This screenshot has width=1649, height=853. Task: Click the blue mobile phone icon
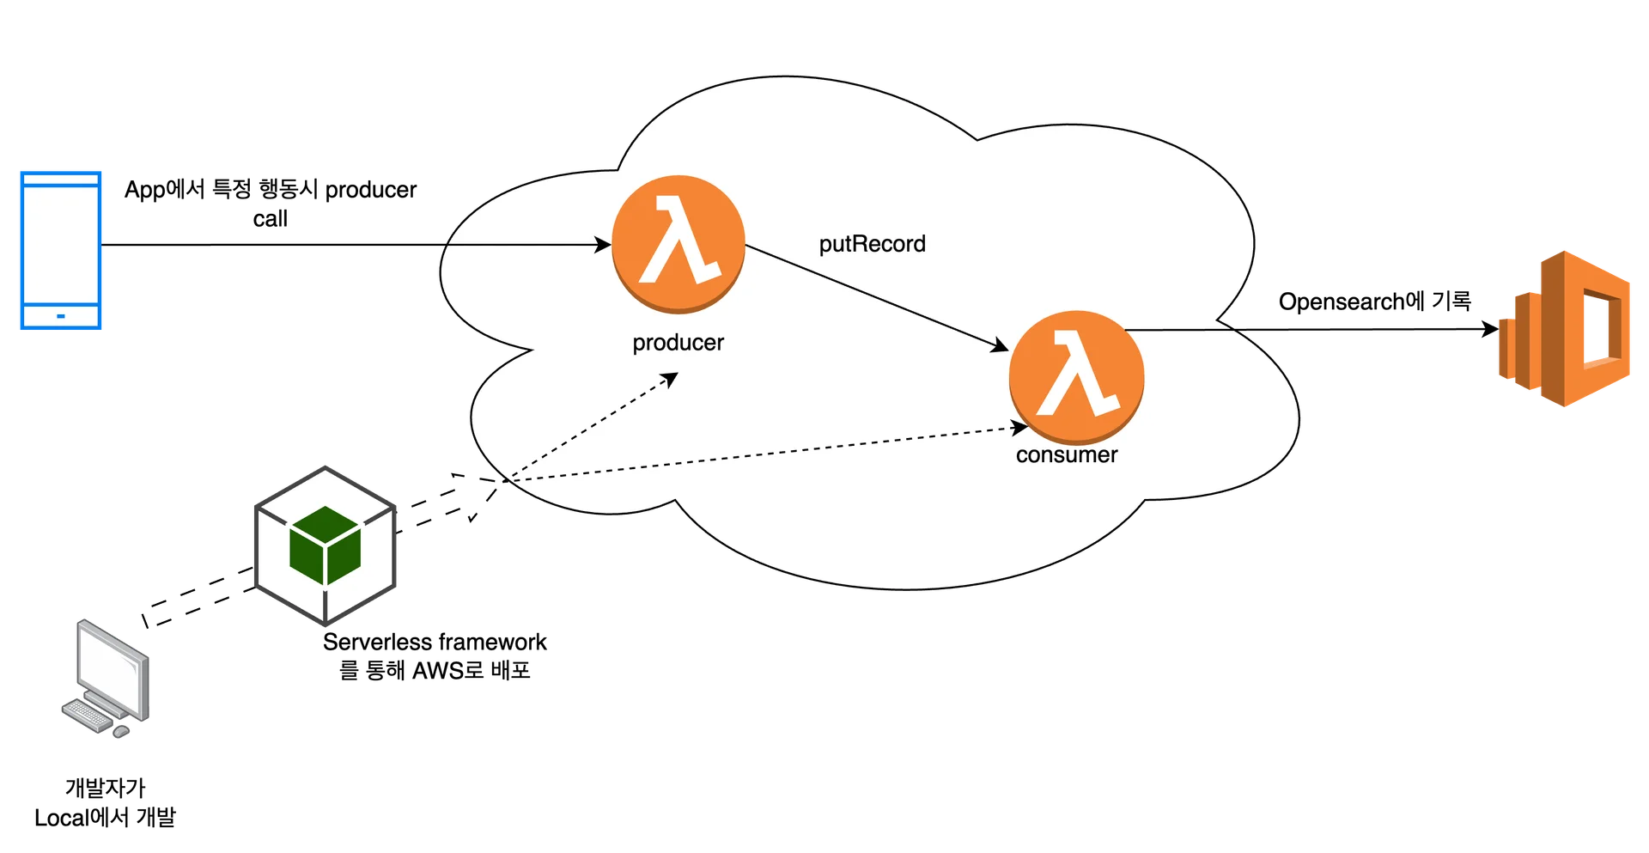(60, 249)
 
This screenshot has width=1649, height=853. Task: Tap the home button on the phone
(60, 316)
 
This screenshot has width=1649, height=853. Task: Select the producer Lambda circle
(678, 243)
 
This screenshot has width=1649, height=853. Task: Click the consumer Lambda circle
(1076, 376)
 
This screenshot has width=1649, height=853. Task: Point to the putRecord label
(872, 244)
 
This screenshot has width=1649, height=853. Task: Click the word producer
(678, 343)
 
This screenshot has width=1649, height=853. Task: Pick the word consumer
(1067, 454)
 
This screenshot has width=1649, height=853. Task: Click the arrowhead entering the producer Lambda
(604, 245)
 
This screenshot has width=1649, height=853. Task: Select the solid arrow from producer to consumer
(876, 297)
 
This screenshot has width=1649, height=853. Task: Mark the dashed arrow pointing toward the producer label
(593, 426)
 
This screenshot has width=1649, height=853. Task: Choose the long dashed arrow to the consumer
(764, 453)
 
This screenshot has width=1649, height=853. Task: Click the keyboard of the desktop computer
(87, 715)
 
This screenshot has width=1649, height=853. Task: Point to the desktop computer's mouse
(121, 733)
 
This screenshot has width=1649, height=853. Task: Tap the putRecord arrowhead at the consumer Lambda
(1001, 347)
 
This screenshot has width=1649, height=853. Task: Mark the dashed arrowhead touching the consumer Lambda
(1020, 427)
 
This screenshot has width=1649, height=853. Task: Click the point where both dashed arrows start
(511, 479)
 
